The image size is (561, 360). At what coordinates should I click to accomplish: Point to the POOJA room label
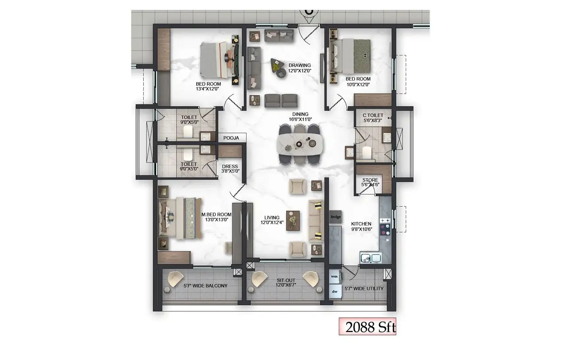(x=231, y=138)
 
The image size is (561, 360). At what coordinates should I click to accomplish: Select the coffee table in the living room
(x=293, y=220)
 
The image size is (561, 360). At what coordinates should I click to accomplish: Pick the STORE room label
(x=370, y=180)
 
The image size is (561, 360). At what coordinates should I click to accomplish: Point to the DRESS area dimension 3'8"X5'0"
(x=230, y=171)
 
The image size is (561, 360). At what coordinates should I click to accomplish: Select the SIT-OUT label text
(x=286, y=280)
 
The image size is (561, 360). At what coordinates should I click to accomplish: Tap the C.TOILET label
(x=373, y=115)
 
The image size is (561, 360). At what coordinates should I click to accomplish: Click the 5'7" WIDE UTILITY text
(x=364, y=288)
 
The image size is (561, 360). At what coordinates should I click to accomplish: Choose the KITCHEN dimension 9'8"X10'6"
(x=361, y=229)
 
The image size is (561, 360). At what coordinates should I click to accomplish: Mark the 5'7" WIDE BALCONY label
(x=205, y=286)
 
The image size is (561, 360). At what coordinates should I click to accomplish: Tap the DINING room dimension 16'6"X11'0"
(x=300, y=119)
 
